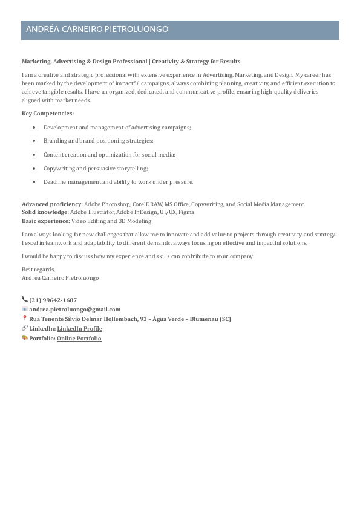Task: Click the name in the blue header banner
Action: [97, 30]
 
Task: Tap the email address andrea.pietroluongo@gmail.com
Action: [75, 310]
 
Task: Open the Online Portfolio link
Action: [79, 339]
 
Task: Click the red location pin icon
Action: [25, 319]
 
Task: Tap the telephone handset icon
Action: [25, 300]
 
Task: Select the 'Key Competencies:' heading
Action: [48, 113]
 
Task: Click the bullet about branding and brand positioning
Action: [98, 141]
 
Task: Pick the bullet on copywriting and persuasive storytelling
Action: [96, 169]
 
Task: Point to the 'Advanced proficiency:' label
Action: [52, 204]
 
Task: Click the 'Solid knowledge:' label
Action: [45, 212]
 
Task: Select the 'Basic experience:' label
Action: [46, 221]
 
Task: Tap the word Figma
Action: [186, 212]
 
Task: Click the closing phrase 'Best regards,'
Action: [38, 269]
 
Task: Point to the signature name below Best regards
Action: [60, 278]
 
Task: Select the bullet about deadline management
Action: [118, 182]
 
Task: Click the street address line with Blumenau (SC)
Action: [130, 319]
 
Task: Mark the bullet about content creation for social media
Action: [109, 155]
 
